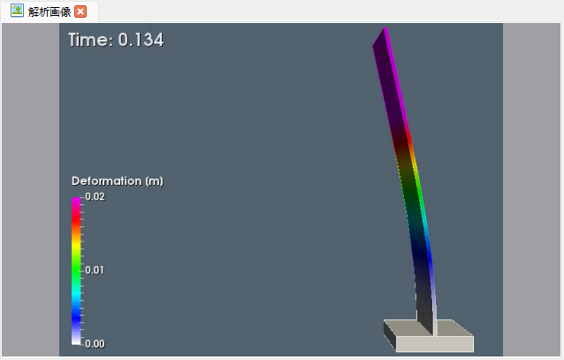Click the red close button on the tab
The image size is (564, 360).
[x=80, y=11]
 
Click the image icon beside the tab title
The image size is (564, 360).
[x=17, y=11]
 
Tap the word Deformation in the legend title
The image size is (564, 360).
[x=106, y=180]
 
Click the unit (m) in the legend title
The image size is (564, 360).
[x=153, y=180]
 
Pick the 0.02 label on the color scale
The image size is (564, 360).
[x=95, y=197]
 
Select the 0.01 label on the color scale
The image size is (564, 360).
[x=95, y=270]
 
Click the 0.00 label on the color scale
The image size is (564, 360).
[x=95, y=343]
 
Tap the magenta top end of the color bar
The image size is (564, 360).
[x=77, y=202]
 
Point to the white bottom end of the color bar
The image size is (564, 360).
[x=77, y=339]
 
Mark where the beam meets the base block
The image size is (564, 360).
[x=425, y=330]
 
